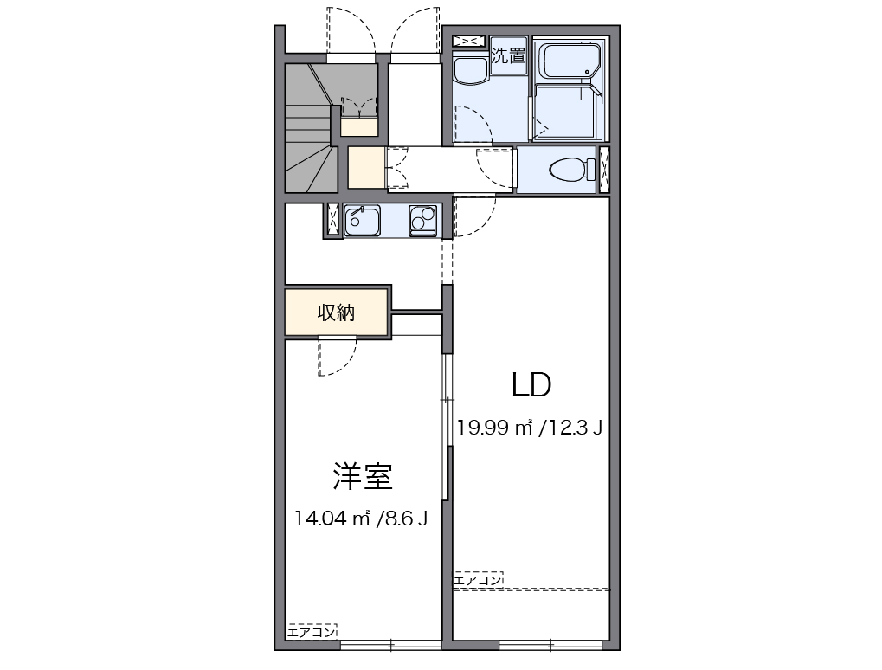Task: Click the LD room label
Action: coord(531,385)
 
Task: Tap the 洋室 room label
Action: coord(363,476)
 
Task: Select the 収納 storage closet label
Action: coord(336,312)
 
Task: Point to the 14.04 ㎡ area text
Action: coord(332,519)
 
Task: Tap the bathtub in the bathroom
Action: coord(568,61)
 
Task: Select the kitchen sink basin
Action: coord(363,222)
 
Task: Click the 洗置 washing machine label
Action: coord(508,57)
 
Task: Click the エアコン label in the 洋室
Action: coord(312,632)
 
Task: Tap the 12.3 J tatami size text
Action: coord(574,428)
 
